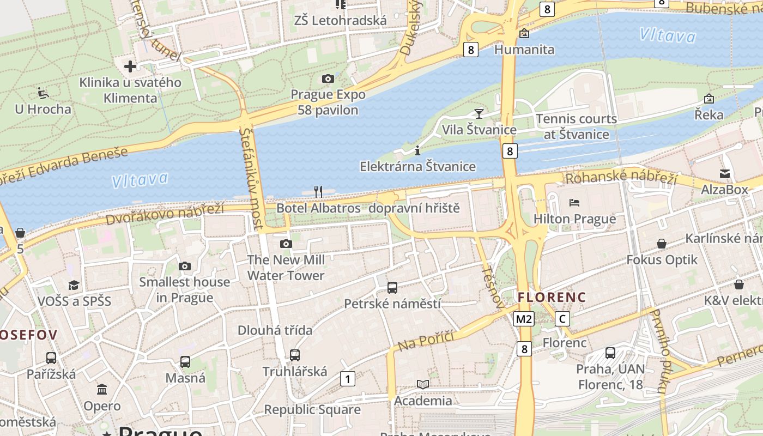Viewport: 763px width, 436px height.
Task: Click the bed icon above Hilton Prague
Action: [574, 203]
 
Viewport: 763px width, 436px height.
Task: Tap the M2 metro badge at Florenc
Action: [523, 319]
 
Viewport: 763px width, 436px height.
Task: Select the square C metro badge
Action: [562, 319]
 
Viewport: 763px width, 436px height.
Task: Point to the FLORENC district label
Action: [552, 298]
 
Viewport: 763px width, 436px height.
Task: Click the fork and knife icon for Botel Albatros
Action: [318, 191]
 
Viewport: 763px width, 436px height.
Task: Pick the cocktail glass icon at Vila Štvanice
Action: [479, 113]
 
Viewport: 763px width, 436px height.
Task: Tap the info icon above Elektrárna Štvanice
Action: [417, 150]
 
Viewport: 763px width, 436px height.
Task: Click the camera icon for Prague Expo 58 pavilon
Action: [328, 79]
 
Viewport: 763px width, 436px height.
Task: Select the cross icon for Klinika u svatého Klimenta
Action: [130, 66]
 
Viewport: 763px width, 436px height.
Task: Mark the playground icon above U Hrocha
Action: [43, 93]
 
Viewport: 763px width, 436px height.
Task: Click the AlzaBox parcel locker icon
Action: [725, 174]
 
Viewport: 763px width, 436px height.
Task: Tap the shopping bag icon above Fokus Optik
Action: [662, 244]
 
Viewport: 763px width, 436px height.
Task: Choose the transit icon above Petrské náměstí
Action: [392, 288]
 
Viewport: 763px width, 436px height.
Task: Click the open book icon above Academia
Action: [423, 385]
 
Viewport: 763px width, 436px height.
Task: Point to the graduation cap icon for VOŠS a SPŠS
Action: [74, 285]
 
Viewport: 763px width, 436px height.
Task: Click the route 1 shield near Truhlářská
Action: [347, 378]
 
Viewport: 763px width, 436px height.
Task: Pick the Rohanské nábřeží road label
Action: [621, 177]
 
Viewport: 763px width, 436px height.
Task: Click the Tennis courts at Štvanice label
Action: [576, 126]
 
